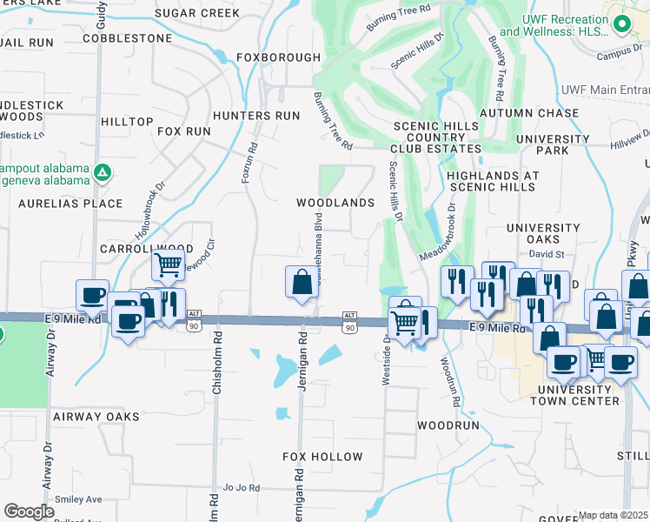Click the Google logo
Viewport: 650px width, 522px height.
point(29,512)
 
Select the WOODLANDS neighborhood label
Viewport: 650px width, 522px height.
point(335,203)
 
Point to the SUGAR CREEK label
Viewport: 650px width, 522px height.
point(197,13)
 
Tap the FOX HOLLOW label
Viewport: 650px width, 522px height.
point(322,457)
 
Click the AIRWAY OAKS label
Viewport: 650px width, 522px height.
point(96,417)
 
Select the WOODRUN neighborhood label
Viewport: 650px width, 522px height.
point(448,426)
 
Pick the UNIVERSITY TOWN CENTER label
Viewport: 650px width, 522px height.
point(578,395)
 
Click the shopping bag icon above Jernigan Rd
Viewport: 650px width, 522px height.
point(301,282)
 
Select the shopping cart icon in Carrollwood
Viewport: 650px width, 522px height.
point(167,263)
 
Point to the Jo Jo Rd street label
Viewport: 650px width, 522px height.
point(242,488)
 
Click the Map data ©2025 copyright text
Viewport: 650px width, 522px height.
point(614,515)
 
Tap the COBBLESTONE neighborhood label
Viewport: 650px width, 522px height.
point(128,39)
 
